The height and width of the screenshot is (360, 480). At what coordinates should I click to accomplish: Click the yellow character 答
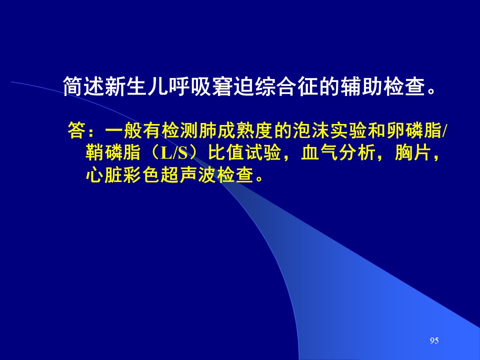pos(76,130)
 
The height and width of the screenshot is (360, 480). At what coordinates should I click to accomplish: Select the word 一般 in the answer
pos(123,130)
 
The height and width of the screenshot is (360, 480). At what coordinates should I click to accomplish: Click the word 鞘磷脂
pos(113,152)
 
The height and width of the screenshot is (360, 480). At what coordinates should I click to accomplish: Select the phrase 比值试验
pos(244,152)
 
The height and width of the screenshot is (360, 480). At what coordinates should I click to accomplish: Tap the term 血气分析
pos(338,152)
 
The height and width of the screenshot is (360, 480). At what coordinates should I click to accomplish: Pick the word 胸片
pos(413,152)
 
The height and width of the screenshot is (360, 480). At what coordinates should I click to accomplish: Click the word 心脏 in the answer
pos(104,175)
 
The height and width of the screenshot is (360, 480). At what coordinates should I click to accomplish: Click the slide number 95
pos(434,340)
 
